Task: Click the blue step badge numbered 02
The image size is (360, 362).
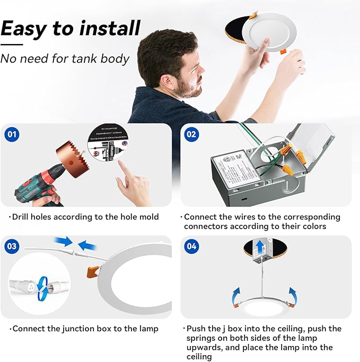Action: (191, 134)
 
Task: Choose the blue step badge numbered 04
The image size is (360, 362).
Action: (191, 246)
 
